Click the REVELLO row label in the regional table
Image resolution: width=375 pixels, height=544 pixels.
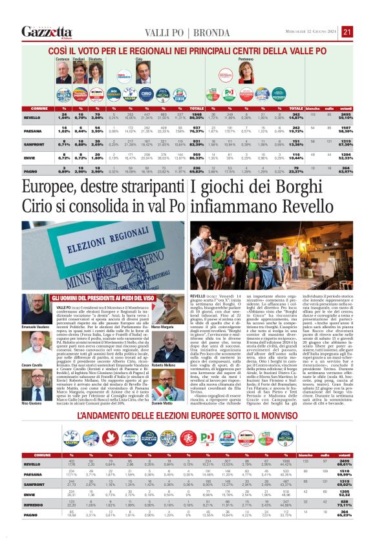[x=32, y=118]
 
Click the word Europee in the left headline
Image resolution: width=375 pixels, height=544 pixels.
[x=50, y=189]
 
